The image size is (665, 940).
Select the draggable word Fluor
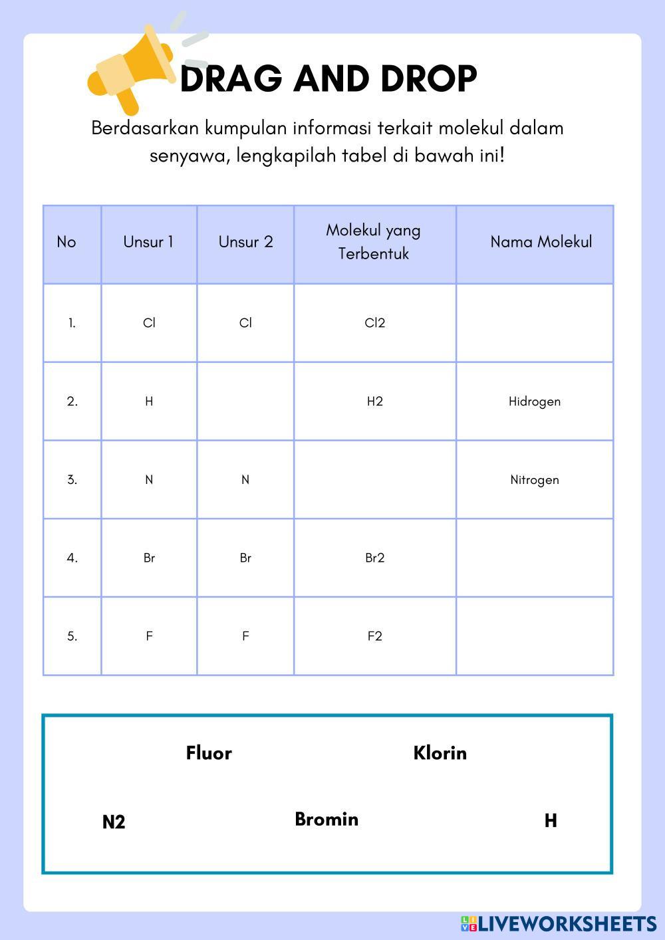pos(209,753)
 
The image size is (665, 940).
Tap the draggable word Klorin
pos(440,753)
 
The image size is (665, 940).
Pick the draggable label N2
pos(114,822)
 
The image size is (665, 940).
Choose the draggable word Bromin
pos(327,819)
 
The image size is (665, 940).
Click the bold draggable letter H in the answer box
pos(551,821)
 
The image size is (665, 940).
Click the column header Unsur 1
pos(148,242)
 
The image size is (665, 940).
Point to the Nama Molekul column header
pos(541,242)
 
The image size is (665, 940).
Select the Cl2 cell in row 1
pos(375,323)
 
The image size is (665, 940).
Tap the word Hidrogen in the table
pos(535,402)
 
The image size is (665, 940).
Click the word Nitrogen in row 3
pos(535,480)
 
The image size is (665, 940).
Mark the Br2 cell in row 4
pos(375,558)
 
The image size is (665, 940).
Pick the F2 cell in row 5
pos(375,636)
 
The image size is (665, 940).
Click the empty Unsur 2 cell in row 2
pos(245,402)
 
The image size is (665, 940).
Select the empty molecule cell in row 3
pos(375,480)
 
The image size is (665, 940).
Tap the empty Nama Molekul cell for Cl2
pos(535,323)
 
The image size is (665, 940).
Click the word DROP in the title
pos(429,79)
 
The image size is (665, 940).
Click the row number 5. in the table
pos(72,636)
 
